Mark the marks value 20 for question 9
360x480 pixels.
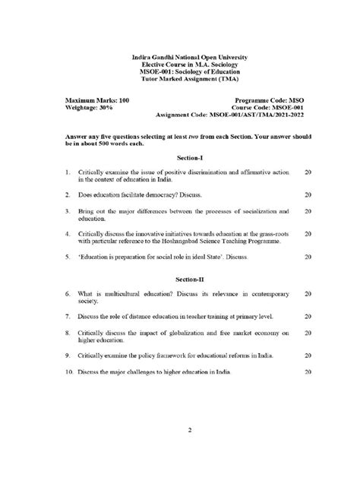308,355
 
